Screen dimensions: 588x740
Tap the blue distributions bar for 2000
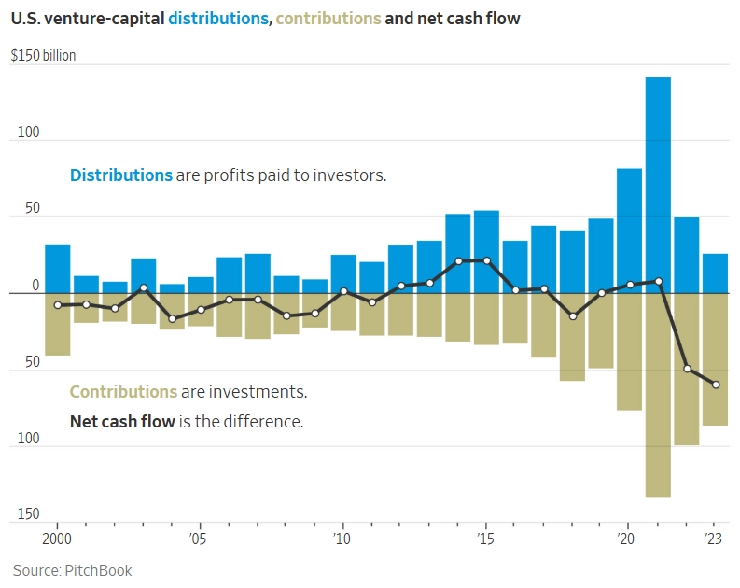[58, 269]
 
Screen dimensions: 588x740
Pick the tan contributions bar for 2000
[58, 324]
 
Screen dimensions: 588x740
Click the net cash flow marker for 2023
[715, 385]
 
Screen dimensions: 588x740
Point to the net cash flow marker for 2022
[687, 369]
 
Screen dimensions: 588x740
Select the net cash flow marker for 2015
[486, 260]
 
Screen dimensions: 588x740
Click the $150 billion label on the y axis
[43, 56]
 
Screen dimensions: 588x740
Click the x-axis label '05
[198, 539]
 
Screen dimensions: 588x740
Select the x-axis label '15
[485, 539]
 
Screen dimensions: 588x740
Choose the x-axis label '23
[714, 539]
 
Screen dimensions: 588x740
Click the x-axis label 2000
[57, 539]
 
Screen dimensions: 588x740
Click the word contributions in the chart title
[328, 19]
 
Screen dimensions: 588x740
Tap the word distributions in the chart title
[218, 19]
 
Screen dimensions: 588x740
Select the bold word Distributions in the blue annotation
[121, 175]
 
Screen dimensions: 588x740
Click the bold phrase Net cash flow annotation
[122, 421]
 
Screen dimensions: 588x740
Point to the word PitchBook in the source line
[98, 570]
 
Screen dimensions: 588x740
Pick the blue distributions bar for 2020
[629, 231]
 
